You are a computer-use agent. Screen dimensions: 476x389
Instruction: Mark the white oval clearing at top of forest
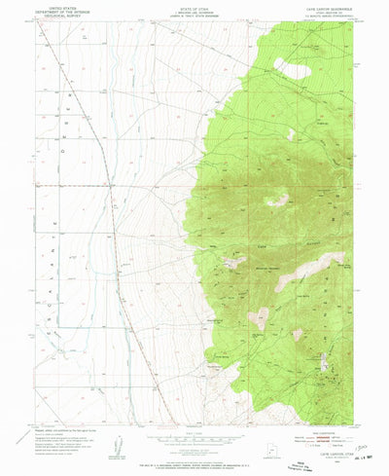287,67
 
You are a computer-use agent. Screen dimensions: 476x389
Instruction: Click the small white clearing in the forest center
279,200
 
